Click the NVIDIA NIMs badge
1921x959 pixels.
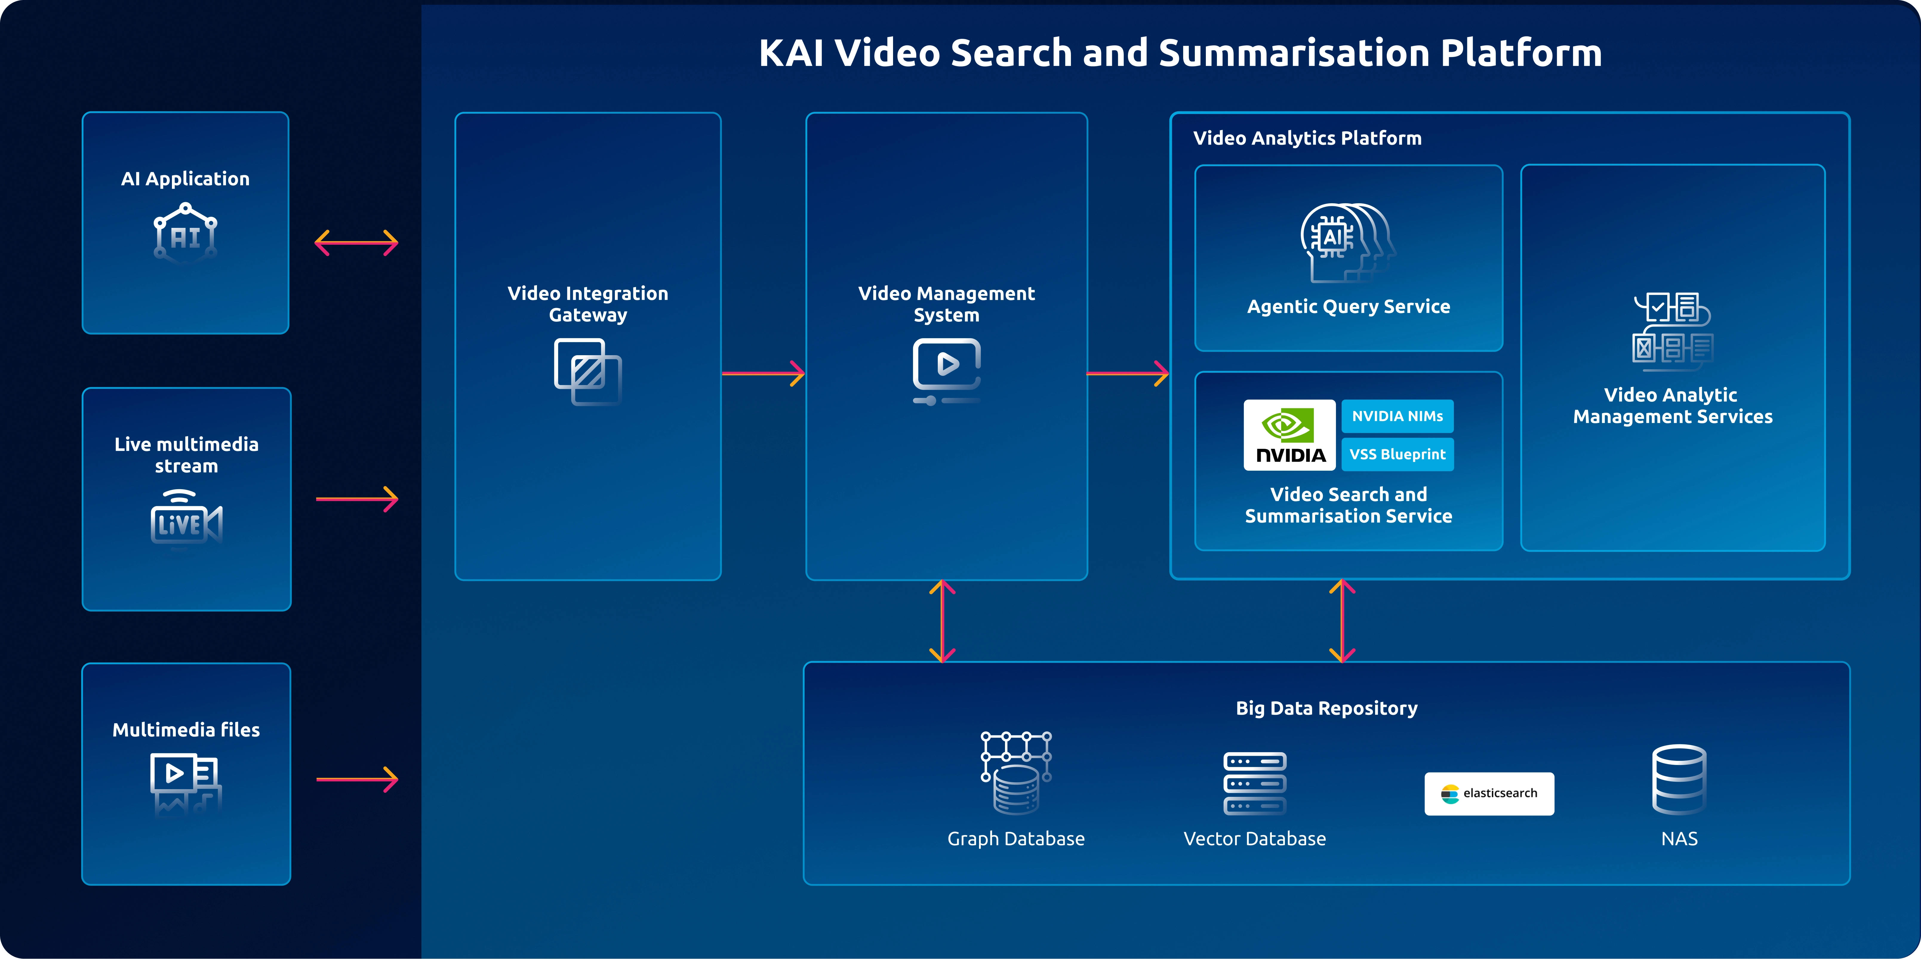tap(1397, 416)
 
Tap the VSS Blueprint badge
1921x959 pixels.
tap(1397, 454)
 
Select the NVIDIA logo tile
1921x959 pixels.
tap(1289, 435)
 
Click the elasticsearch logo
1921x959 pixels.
tap(1489, 793)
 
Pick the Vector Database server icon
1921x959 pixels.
tap(1254, 783)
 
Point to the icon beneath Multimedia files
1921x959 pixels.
tap(186, 783)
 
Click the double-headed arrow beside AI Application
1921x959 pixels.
tap(356, 242)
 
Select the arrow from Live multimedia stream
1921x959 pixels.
tap(356, 498)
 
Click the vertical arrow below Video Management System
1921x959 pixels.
tap(943, 621)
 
